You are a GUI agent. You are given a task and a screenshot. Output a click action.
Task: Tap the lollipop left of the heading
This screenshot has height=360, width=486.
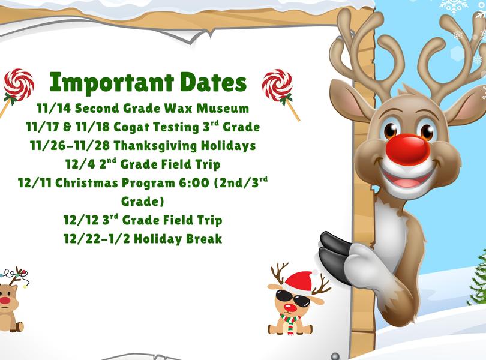[17, 88]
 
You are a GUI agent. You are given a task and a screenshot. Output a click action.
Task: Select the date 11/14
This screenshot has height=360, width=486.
[52, 109]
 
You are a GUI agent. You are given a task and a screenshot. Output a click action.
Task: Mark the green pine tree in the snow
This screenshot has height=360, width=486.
[478, 279]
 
